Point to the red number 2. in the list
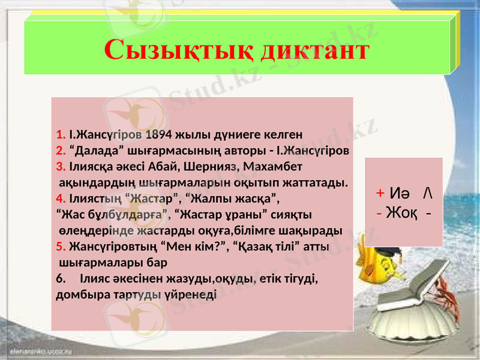pos(61,149)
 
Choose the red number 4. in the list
pos(61,198)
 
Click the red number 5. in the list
pos(61,247)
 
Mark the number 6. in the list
pos(61,279)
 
